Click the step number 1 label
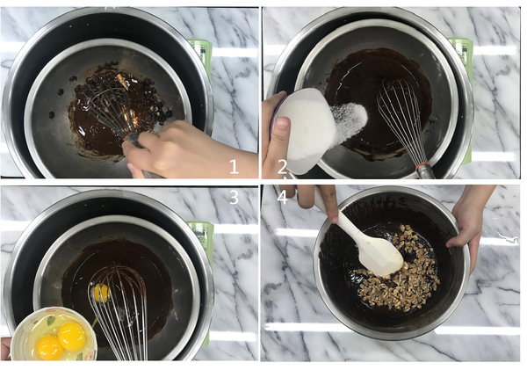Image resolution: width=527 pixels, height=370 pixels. click(234, 166)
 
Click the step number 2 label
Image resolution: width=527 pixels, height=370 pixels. click(283, 165)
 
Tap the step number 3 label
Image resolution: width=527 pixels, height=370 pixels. click(234, 198)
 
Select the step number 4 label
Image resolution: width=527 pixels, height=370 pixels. click(283, 198)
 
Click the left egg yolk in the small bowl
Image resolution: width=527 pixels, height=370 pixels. click(49, 347)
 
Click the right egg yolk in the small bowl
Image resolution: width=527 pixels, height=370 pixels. click(71, 334)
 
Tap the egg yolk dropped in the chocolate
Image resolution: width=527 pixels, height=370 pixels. click(101, 293)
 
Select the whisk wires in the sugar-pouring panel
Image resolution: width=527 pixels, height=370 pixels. click(401, 114)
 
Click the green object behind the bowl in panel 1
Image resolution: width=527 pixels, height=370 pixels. click(202, 53)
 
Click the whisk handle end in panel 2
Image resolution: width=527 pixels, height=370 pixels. click(426, 170)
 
